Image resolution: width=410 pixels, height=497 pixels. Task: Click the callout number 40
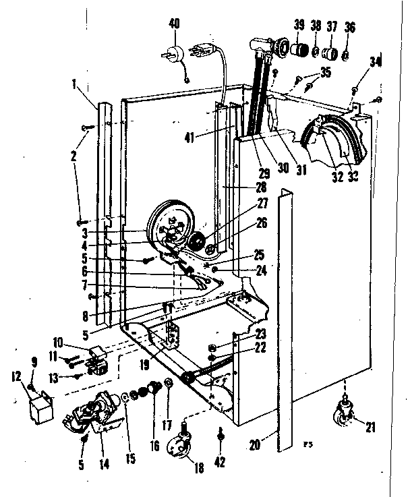pos(174,25)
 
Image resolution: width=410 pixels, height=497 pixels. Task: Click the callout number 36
pos(349,26)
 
